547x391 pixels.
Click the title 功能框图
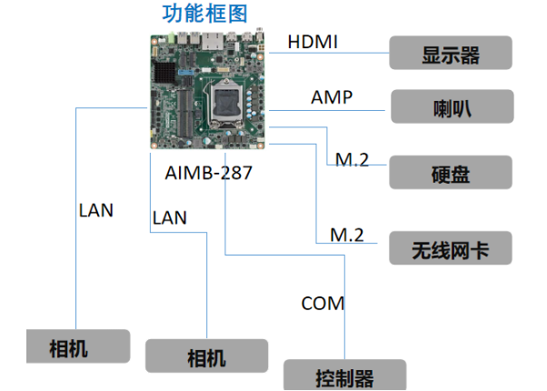pyautogui.click(x=204, y=13)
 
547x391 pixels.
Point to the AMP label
pyautogui.click(x=331, y=96)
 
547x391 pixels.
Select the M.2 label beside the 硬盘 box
pyautogui.click(x=352, y=160)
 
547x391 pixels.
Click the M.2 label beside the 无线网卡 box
pyautogui.click(x=346, y=235)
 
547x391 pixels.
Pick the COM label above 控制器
pyautogui.click(x=323, y=303)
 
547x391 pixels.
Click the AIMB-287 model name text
pyautogui.click(x=209, y=172)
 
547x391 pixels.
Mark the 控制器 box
pyautogui.click(x=344, y=376)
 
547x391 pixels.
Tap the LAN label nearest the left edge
pyautogui.click(x=95, y=210)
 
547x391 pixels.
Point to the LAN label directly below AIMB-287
pyautogui.click(x=170, y=217)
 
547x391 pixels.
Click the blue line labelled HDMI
pyautogui.click(x=327, y=54)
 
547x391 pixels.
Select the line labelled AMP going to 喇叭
pyautogui.click(x=327, y=110)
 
